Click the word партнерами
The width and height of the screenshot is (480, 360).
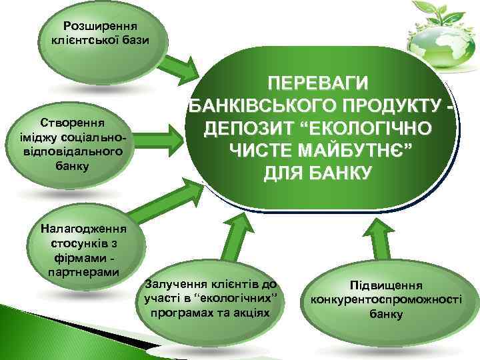[x=83, y=272]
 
